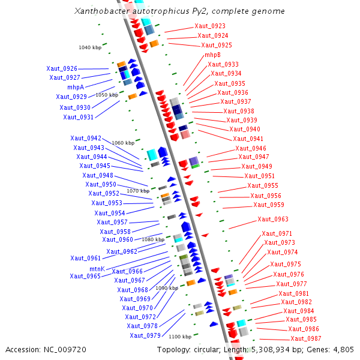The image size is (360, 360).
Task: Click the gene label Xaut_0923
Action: [210, 26]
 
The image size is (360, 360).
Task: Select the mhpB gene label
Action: [212, 55]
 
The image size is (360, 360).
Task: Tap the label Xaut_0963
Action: [273, 220]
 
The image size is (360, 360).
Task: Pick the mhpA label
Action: [76, 87]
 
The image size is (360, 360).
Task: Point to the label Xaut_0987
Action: [306, 339]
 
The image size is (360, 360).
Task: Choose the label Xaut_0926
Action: [62, 69]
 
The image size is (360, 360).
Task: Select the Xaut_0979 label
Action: [145, 335]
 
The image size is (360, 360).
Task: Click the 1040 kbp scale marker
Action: [90, 47]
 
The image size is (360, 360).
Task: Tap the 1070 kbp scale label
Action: [138, 191]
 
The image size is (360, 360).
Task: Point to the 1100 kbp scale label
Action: [180, 337]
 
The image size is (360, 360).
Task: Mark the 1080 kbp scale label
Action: [153, 239]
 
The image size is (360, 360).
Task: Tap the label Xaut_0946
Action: [251, 149]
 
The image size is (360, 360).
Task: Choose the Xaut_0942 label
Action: [86, 138]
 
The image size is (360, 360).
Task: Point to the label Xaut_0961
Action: [85, 258]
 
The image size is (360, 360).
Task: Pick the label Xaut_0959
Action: [269, 205]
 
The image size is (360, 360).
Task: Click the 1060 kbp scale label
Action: [123, 143]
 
